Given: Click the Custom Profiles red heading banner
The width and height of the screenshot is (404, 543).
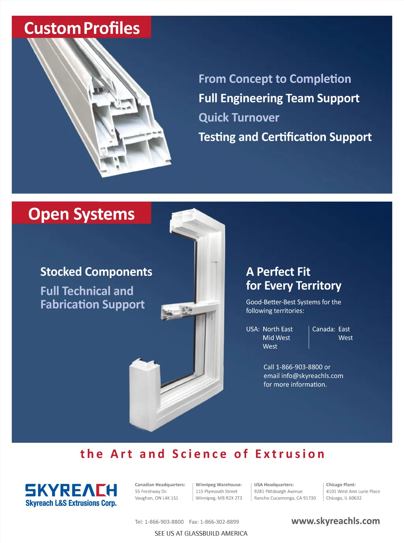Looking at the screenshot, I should coord(82,28).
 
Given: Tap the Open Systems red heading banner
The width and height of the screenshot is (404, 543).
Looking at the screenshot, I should coord(81,214).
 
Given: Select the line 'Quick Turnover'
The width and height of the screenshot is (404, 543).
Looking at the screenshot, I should coord(239,118).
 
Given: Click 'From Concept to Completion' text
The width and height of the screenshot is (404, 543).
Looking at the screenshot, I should coord(275,79).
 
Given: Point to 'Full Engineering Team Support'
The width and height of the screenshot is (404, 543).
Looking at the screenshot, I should coord(279,98).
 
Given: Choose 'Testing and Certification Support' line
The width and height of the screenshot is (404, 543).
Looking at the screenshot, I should coord(285,137).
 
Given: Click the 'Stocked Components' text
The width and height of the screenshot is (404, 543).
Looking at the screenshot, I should coord(96,272).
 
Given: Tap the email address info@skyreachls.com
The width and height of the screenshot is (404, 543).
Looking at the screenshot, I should coord(312,376).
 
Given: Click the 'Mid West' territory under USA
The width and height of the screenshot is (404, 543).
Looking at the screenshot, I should coord(276,338).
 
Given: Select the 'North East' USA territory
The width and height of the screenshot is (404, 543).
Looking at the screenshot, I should coord(278,329).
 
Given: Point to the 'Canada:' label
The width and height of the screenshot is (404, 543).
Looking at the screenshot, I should coord(324,329).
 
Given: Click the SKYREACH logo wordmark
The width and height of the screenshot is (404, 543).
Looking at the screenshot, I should coord(71,490).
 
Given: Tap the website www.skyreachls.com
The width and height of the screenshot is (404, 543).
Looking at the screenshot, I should coord(335,521).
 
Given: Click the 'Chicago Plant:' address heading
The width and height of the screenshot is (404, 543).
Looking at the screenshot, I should coord(341,485).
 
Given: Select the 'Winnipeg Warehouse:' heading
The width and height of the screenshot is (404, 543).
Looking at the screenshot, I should coord(219,485).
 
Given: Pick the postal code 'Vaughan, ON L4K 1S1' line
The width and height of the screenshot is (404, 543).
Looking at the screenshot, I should coord(157,498).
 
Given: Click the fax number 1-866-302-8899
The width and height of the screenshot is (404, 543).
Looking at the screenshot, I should coord(219,522).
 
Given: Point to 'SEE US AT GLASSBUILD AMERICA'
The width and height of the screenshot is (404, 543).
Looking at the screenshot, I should coord(201,534).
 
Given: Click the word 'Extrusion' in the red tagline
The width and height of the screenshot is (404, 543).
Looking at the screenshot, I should coord(290,454).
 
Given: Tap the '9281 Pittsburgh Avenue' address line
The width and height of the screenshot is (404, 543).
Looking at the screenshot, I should coord(278,491).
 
